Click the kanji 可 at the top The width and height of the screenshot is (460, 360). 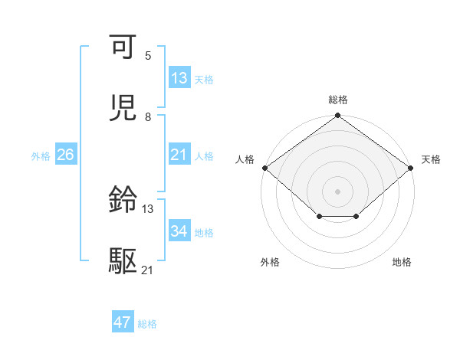[x=123, y=48]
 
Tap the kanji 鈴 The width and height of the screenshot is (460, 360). [x=123, y=201]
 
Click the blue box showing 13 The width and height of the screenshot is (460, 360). [x=179, y=78]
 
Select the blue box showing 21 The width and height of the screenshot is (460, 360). [x=179, y=155]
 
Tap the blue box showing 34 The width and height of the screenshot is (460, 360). [x=179, y=231]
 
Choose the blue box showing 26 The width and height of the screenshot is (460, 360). [x=65, y=155]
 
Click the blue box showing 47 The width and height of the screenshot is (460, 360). [x=123, y=322]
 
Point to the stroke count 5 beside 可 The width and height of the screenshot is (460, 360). [x=148, y=56]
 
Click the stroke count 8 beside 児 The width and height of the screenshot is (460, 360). [x=148, y=117]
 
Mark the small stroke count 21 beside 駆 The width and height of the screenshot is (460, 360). [x=148, y=270]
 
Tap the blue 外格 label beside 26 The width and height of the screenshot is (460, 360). [x=41, y=155]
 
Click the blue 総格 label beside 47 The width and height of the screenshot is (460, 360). [x=147, y=324]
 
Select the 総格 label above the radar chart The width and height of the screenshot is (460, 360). [x=338, y=100]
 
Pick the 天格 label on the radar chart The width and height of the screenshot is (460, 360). [x=431, y=159]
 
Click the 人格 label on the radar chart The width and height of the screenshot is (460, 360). [x=245, y=159]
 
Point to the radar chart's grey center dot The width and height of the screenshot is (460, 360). [x=337, y=191]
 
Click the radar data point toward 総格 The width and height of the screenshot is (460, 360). [x=337, y=116]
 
